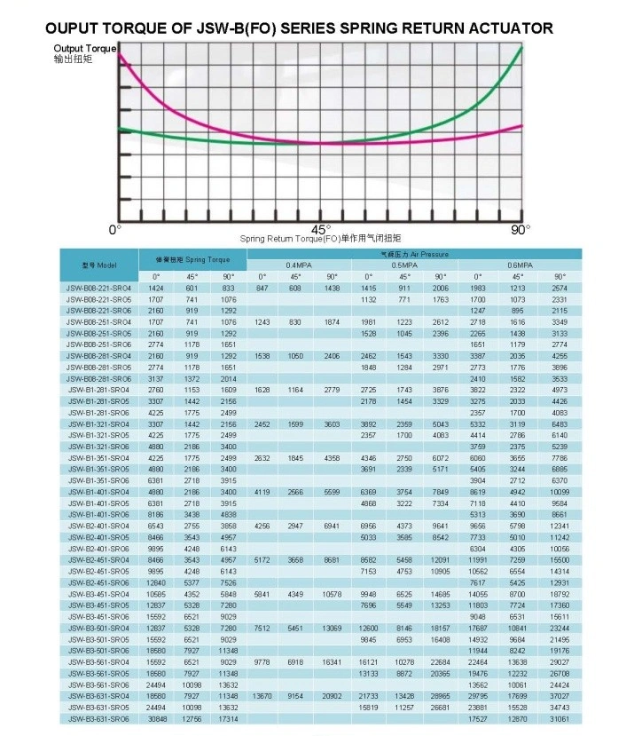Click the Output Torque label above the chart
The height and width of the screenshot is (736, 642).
(84, 48)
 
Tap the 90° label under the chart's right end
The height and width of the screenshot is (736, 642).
(521, 229)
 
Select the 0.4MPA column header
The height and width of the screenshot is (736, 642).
(297, 265)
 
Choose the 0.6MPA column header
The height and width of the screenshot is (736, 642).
(519, 265)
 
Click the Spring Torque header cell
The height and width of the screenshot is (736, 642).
(193, 259)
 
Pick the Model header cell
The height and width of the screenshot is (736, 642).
(99, 265)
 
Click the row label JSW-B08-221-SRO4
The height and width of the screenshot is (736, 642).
(98, 289)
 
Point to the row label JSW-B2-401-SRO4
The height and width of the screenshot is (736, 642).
(98, 526)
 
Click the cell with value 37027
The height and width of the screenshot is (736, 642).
(560, 696)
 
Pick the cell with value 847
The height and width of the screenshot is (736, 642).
(261, 289)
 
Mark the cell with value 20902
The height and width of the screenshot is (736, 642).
(333, 696)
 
